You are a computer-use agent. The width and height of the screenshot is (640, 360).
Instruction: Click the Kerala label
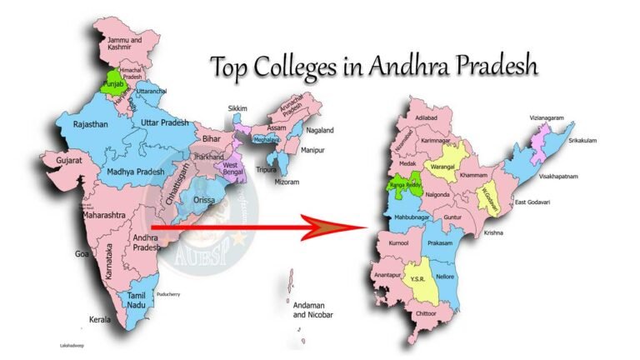tap(102, 319)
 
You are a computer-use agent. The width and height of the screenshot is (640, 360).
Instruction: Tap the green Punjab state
tap(113, 83)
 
